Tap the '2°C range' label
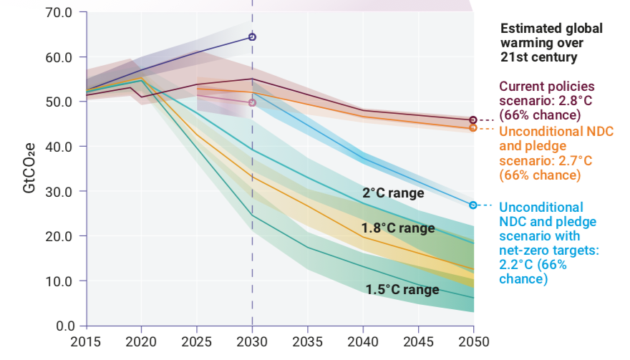click(393, 193)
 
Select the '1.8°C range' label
click(398, 228)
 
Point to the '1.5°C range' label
click(402, 290)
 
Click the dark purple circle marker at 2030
click(252, 37)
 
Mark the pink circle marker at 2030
click(252, 102)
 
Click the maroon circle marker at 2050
click(472, 120)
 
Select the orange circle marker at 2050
click(472, 127)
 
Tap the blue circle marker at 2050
click(472, 205)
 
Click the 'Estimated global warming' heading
click(551, 43)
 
